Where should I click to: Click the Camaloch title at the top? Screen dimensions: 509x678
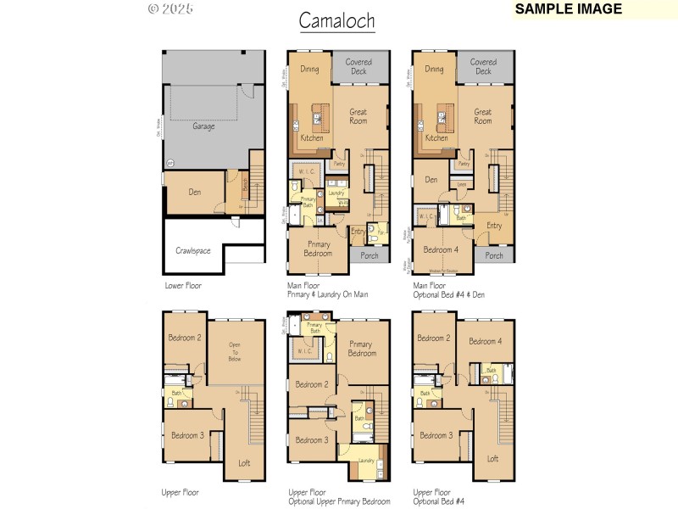coord(336,20)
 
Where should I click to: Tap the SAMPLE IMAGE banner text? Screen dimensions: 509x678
coord(568,9)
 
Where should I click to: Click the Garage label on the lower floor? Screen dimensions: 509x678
coord(203,126)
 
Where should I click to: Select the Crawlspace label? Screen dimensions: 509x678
coord(193,250)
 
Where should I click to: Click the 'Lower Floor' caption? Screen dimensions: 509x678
coord(183,286)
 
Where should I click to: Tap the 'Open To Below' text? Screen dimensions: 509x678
coord(235,352)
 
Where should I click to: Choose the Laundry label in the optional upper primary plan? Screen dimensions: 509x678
coord(366,460)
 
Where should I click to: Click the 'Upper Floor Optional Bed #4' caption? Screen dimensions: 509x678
coord(440,496)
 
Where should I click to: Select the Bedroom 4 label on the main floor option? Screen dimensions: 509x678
coord(440,249)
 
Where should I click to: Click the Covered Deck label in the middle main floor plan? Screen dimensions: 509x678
coord(358,67)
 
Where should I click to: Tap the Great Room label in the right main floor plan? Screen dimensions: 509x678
coord(483,116)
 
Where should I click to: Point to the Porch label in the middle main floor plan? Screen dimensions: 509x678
coord(370,255)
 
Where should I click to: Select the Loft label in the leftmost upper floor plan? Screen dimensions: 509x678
coord(244,462)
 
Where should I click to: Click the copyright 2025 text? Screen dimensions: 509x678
coord(170,9)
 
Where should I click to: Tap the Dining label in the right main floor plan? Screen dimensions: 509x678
coord(434,70)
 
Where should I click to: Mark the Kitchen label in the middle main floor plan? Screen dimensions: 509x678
coord(312,137)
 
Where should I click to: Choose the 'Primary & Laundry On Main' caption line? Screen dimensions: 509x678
coord(327,296)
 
